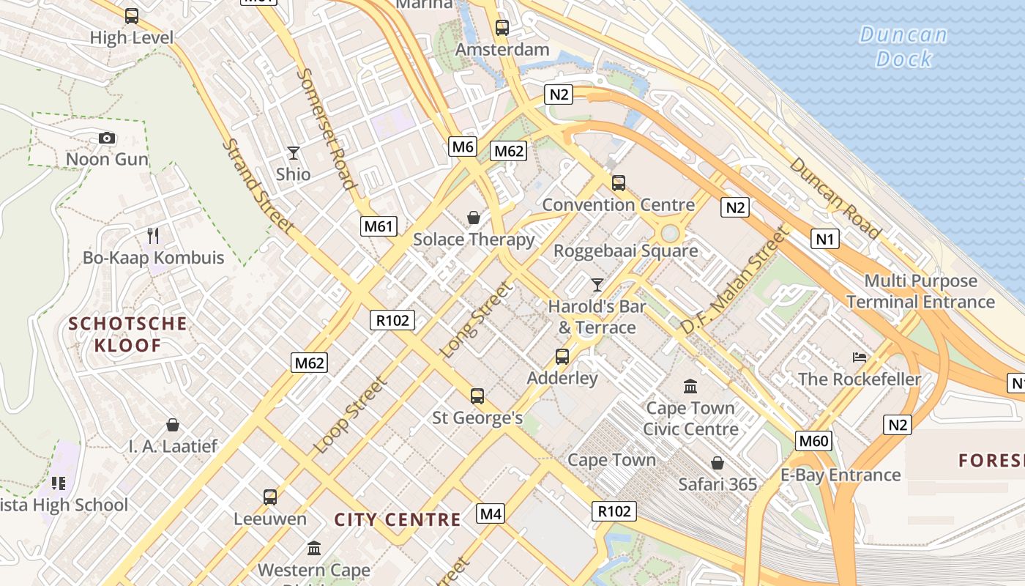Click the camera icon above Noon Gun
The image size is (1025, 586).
point(107,138)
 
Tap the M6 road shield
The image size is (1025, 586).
point(463,146)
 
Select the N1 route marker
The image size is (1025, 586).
point(824,239)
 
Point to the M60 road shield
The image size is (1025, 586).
point(813,441)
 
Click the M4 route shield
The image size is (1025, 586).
point(491,514)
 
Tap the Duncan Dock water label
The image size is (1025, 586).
point(903,46)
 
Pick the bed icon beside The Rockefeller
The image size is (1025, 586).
point(860,357)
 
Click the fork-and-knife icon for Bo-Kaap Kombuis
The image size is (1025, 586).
point(153,235)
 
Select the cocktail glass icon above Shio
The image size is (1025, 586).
point(294,152)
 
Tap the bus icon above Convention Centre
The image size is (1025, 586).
point(619,182)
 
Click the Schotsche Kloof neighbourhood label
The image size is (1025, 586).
point(128,334)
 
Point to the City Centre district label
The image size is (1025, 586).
point(398,520)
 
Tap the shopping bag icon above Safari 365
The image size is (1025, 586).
point(717,463)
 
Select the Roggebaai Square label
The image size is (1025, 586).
point(625,251)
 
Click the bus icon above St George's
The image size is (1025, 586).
point(477,396)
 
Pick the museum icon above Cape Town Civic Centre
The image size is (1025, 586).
point(690,386)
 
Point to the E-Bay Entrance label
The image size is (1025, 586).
point(840,475)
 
